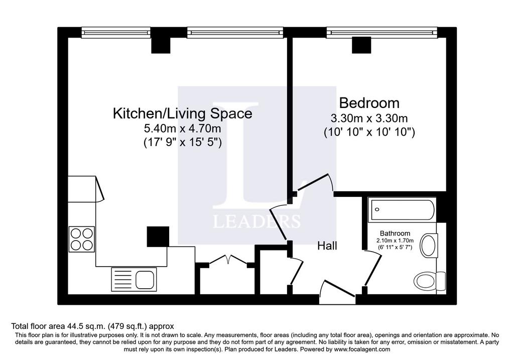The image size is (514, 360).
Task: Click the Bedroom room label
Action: click(369, 103)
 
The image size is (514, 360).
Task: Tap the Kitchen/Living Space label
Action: click(183, 113)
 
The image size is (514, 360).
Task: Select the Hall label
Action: click(327, 246)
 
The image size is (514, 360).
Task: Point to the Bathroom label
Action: click(395, 233)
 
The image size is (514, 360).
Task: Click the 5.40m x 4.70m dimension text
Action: click(183, 129)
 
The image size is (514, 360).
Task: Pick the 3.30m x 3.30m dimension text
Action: click(369, 118)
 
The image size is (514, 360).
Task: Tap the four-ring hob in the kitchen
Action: click(82, 239)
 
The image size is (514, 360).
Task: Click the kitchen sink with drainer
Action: click(134, 279)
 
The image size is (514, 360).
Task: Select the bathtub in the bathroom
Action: click(402, 210)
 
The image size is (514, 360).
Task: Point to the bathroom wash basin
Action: click(429, 245)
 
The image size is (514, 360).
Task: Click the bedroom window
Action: click(382, 33)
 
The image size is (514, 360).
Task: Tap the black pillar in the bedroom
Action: click(361, 45)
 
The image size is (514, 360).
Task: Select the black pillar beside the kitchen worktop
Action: click(158, 236)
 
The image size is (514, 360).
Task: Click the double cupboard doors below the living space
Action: click(228, 260)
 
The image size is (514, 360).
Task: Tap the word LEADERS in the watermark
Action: click(256, 221)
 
